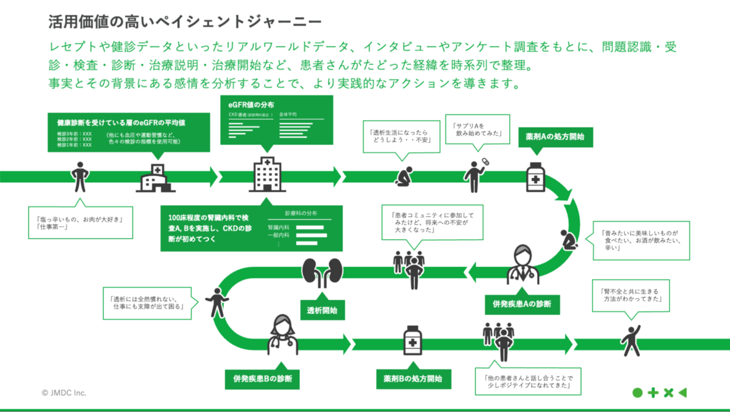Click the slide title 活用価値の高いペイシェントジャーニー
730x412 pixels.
pyautogui.click(x=186, y=23)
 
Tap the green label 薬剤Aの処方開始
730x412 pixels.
pyautogui.click(x=555, y=137)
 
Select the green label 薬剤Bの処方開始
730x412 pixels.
pyautogui.click(x=413, y=379)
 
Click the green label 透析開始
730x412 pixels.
pyautogui.click(x=322, y=309)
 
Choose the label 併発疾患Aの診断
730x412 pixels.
pyautogui.click(x=522, y=304)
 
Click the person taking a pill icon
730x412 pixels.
pyautogui.click(x=475, y=175)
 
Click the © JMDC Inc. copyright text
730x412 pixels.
pyautogui.click(x=64, y=393)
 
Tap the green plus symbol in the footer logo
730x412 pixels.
pyautogui.click(x=653, y=393)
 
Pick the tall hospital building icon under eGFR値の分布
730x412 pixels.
pyautogui.click(x=268, y=174)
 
